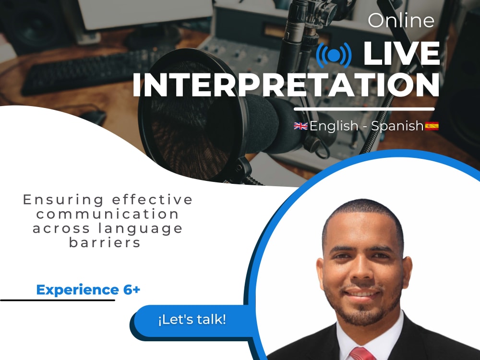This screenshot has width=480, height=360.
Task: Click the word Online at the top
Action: click(401, 20)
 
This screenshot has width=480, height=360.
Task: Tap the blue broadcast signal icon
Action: click(334, 56)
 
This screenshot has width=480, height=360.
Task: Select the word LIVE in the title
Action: click(401, 54)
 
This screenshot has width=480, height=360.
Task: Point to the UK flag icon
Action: click(301, 126)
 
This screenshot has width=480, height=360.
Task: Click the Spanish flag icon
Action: click(432, 126)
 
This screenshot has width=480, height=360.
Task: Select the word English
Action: click(334, 126)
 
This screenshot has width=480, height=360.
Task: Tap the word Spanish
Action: click(397, 126)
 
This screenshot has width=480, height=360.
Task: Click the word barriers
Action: click(105, 242)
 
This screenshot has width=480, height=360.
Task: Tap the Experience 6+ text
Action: click(88, 290)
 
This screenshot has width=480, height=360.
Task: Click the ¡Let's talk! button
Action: click(192, 320)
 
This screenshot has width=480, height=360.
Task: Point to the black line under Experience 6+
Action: click(58, 300)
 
